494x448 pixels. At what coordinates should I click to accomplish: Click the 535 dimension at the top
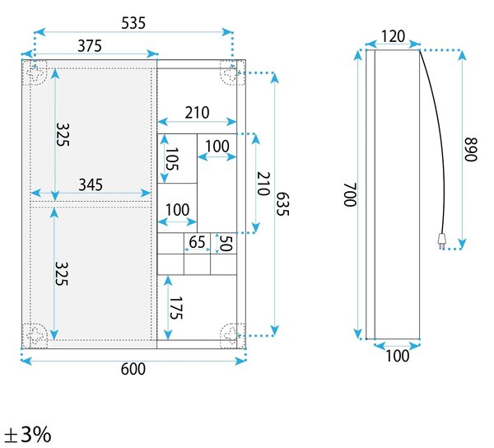coord(133,23)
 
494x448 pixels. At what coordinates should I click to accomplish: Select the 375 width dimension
coord(90,46)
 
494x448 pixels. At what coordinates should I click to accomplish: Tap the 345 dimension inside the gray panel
coord(91,185)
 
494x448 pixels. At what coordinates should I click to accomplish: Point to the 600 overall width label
coord(133,369)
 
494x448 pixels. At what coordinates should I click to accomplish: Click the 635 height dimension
coord(282,204)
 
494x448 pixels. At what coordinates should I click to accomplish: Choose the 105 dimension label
coord(172,159)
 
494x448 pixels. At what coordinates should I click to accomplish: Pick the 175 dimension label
coord(176,308)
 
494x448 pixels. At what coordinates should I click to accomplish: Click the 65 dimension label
coord(198,242)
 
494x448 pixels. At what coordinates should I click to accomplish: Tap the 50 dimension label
coord(226,243)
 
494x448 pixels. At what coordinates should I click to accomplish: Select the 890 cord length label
coord(471,149)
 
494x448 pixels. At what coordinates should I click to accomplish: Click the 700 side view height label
coord(350,194)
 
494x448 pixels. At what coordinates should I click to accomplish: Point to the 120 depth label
coord(393,36)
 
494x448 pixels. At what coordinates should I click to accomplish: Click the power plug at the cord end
coord(441,241)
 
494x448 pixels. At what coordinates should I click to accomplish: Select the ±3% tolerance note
coord(28,435)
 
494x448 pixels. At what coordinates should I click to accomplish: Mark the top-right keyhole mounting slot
coord(231,74)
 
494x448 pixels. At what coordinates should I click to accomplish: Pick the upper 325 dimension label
coord(62,134)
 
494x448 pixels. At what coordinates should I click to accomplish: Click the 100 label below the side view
coord(398,356)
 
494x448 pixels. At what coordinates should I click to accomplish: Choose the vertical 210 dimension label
coord(263,184)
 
